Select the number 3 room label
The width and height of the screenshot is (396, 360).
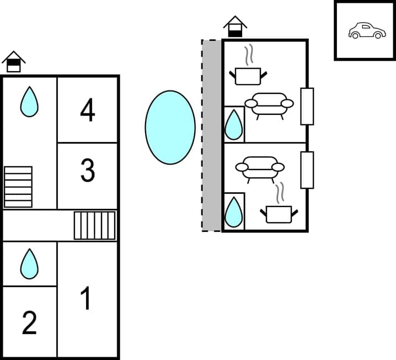[x=88, y=171]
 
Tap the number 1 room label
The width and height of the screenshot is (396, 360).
[x=85, y=299]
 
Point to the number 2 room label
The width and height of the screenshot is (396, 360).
[x=29, y=322]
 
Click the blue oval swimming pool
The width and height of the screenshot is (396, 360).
[x=170, y=127]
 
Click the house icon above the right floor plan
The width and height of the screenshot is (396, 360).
[x=235, y=26]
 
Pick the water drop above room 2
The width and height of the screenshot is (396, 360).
[x=29, y=263]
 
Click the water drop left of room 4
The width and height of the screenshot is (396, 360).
[x=29, y=102]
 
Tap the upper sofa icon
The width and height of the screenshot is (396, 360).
[x=269, y=105]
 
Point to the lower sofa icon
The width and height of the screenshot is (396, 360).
[x=260, y=168]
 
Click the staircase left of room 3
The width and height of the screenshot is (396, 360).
[x=18, y=187]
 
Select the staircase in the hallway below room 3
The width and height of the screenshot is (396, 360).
[x=95, y=226]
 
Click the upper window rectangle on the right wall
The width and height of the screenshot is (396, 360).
[x=307, y=106]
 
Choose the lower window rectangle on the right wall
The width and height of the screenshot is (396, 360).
[x=307, y=170]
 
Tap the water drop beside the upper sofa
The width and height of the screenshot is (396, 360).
[x=234, y=124]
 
